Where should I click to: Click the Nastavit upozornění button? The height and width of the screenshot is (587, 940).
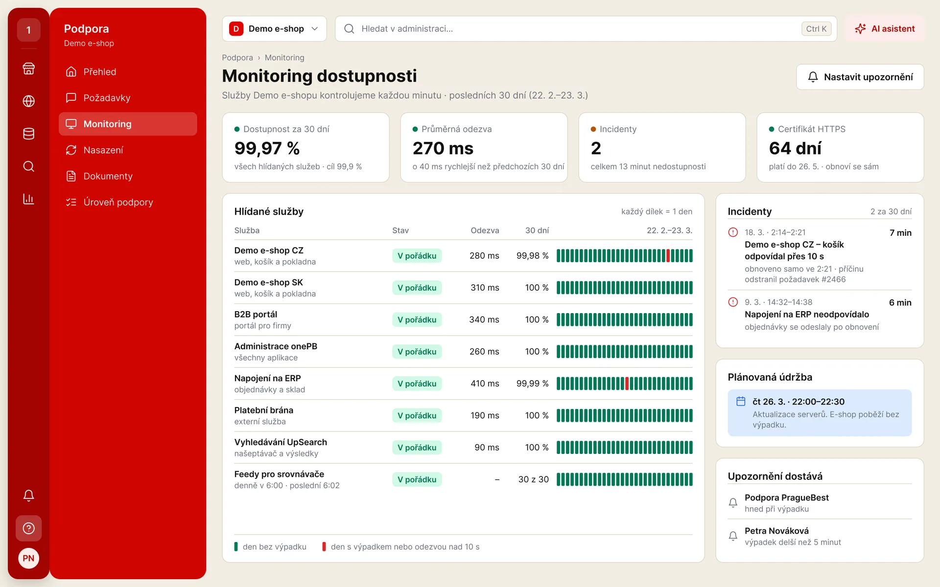(860, 77)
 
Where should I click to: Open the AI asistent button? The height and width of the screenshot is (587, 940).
(885, 29)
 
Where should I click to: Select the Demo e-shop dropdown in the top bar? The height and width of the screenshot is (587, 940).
(274, 29)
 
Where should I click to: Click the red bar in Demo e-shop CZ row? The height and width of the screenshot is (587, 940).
(668, 255)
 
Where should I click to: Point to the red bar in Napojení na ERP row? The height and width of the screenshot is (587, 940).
(627, 384)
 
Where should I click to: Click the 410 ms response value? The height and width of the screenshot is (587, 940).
(485, 384)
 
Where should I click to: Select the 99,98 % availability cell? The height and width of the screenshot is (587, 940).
(532, 255)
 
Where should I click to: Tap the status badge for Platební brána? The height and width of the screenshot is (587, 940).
(417, 415)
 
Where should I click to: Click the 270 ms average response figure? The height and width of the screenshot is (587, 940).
(443, 148)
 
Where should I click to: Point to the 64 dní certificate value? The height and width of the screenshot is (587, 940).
(795, 148)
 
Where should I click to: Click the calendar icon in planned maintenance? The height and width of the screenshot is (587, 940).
(741, 401)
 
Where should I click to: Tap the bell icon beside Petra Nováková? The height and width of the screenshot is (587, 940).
(733, 536)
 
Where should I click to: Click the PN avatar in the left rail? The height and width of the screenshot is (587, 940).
(28, 558)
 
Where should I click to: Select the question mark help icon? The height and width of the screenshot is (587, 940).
(28, 528)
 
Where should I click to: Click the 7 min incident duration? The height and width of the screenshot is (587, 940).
(900, 233)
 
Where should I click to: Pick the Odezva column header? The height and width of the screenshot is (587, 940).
(485, 230)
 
